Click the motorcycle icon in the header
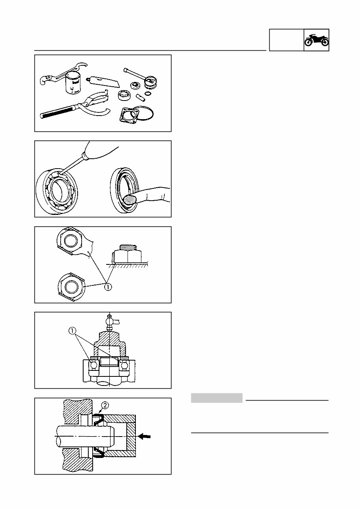click(x=316, y=40)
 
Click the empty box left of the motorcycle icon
click(x=286, y=40)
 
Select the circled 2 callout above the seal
click(x=105, y=405)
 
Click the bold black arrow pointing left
click(x=145, y=435)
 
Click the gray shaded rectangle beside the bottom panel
click(x=217, y=398)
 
